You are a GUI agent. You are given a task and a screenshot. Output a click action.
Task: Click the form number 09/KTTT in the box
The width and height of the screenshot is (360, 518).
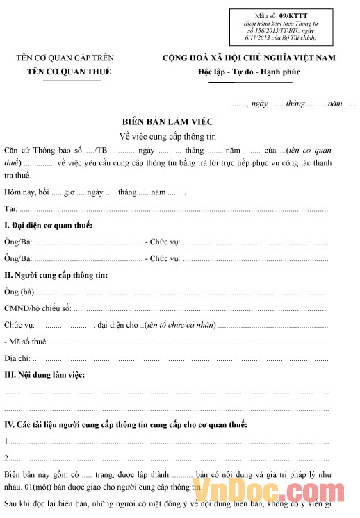(x=281, y=15)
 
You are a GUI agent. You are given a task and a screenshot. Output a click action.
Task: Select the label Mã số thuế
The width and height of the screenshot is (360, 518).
(x=28, y=342)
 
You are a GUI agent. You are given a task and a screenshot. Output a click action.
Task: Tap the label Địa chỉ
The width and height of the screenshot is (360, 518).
(x=17, y=358)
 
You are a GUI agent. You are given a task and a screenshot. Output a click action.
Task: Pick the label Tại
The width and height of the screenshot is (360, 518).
(x=10, y=208)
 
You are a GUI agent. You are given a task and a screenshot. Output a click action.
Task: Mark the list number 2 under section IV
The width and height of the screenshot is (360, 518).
(x=6, y=458)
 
